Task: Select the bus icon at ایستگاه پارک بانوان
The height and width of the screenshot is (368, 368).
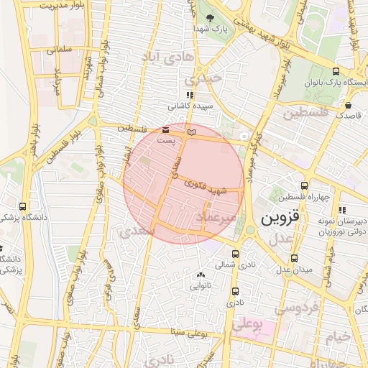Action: (336, 71)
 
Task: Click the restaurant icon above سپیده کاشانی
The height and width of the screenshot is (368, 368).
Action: (189, 95)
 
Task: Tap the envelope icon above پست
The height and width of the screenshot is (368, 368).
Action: (166, 130)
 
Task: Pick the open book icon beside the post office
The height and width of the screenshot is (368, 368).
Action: (190, 132)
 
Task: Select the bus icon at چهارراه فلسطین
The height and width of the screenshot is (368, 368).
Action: (305, 185)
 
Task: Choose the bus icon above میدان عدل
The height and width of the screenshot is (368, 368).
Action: (293, 258)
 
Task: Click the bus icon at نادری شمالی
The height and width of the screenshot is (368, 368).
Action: (236, 254)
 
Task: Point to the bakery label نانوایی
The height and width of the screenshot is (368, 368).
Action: (201, 285)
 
